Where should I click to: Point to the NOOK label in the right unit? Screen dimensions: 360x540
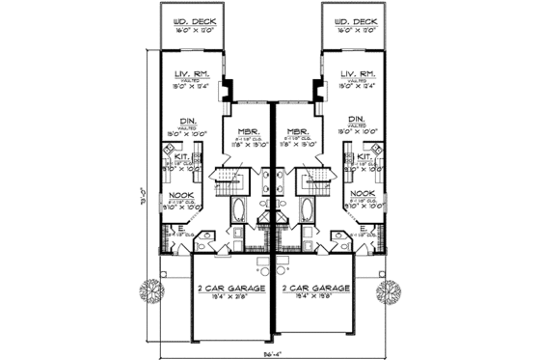pos(363,193)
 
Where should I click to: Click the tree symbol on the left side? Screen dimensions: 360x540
pos(151,291)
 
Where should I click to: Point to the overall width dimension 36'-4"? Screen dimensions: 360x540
pos(270,353)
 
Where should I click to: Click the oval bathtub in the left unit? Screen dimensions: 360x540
pos(236,211)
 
